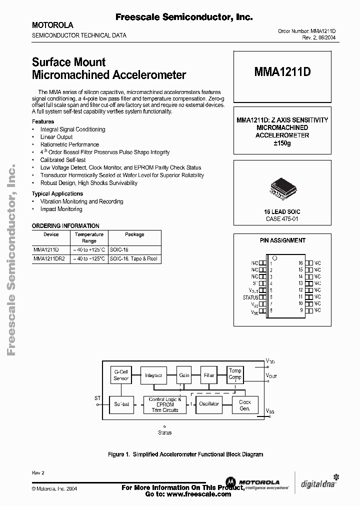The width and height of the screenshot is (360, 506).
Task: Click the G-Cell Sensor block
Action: coord(121,374)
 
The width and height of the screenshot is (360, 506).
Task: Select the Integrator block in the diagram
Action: coord(153,374)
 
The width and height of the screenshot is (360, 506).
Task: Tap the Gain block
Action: coord(184,374)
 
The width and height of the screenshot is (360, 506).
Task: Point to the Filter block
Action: coord(209,374)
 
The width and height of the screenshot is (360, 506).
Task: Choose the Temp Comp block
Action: coord(235,374)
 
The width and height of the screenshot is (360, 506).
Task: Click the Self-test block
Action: coord(121,403)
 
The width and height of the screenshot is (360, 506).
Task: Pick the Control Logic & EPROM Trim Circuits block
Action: coord(164,404)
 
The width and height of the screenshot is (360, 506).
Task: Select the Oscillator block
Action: coord(208,403)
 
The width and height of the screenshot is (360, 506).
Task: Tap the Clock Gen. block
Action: coord(245,404)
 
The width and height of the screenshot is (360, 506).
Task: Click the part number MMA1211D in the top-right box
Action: coord(282,72)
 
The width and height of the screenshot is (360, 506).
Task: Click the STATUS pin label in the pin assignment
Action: coord(250,297)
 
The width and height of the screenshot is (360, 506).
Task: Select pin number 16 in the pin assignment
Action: coord(301,262)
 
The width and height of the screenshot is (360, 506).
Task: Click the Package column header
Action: coord(134,234)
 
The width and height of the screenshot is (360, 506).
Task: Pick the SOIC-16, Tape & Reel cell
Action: coord(133,258)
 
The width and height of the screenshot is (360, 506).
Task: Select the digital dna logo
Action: coord(318,483)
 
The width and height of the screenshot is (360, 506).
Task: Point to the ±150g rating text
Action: coord(282,143)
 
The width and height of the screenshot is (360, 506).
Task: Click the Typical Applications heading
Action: coord(57,193)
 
